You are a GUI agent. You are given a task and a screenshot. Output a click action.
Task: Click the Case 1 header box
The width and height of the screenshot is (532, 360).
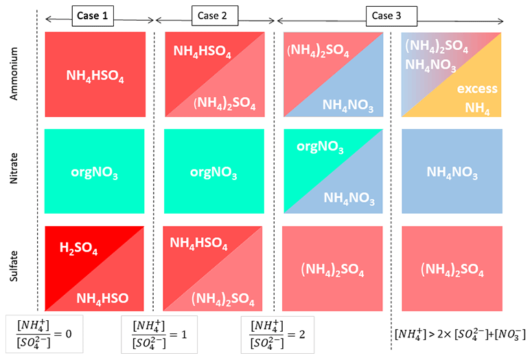(93, 15)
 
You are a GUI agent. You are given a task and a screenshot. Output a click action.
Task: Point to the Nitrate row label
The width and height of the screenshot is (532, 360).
(15, 172)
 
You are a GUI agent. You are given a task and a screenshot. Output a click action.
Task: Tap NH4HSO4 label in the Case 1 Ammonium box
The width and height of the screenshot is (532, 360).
(95, 76)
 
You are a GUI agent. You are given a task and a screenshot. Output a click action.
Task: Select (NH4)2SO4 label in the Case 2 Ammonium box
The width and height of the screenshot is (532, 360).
(224, 104)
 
